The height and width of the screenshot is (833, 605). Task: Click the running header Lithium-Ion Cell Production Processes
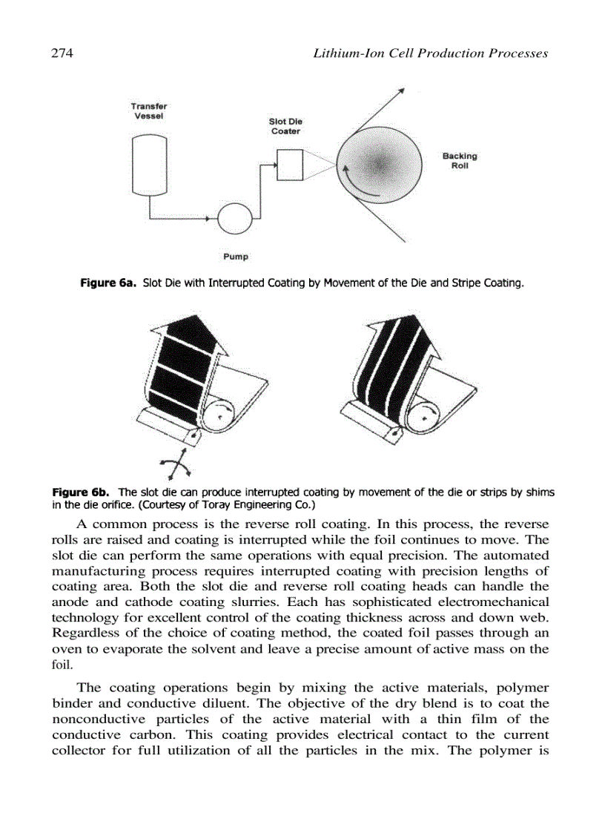click(x=430, y=53)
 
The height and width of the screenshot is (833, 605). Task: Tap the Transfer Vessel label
click(x=148, y=111)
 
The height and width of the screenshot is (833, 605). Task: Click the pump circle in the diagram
click(x=234, y=219)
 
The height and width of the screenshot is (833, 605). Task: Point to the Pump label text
click(x=236, y=257)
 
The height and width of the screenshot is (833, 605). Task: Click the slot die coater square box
click(x=288, y=164)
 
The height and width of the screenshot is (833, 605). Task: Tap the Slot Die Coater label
click(x=285, y=126)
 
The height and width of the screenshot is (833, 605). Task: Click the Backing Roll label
click(x=460, y=161)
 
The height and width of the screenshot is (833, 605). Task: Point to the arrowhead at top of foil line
click(x=401, y=90)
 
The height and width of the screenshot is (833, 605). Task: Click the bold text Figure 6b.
click(x=82, y=492)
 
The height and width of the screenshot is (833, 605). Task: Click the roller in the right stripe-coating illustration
click(x=422, y=417)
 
